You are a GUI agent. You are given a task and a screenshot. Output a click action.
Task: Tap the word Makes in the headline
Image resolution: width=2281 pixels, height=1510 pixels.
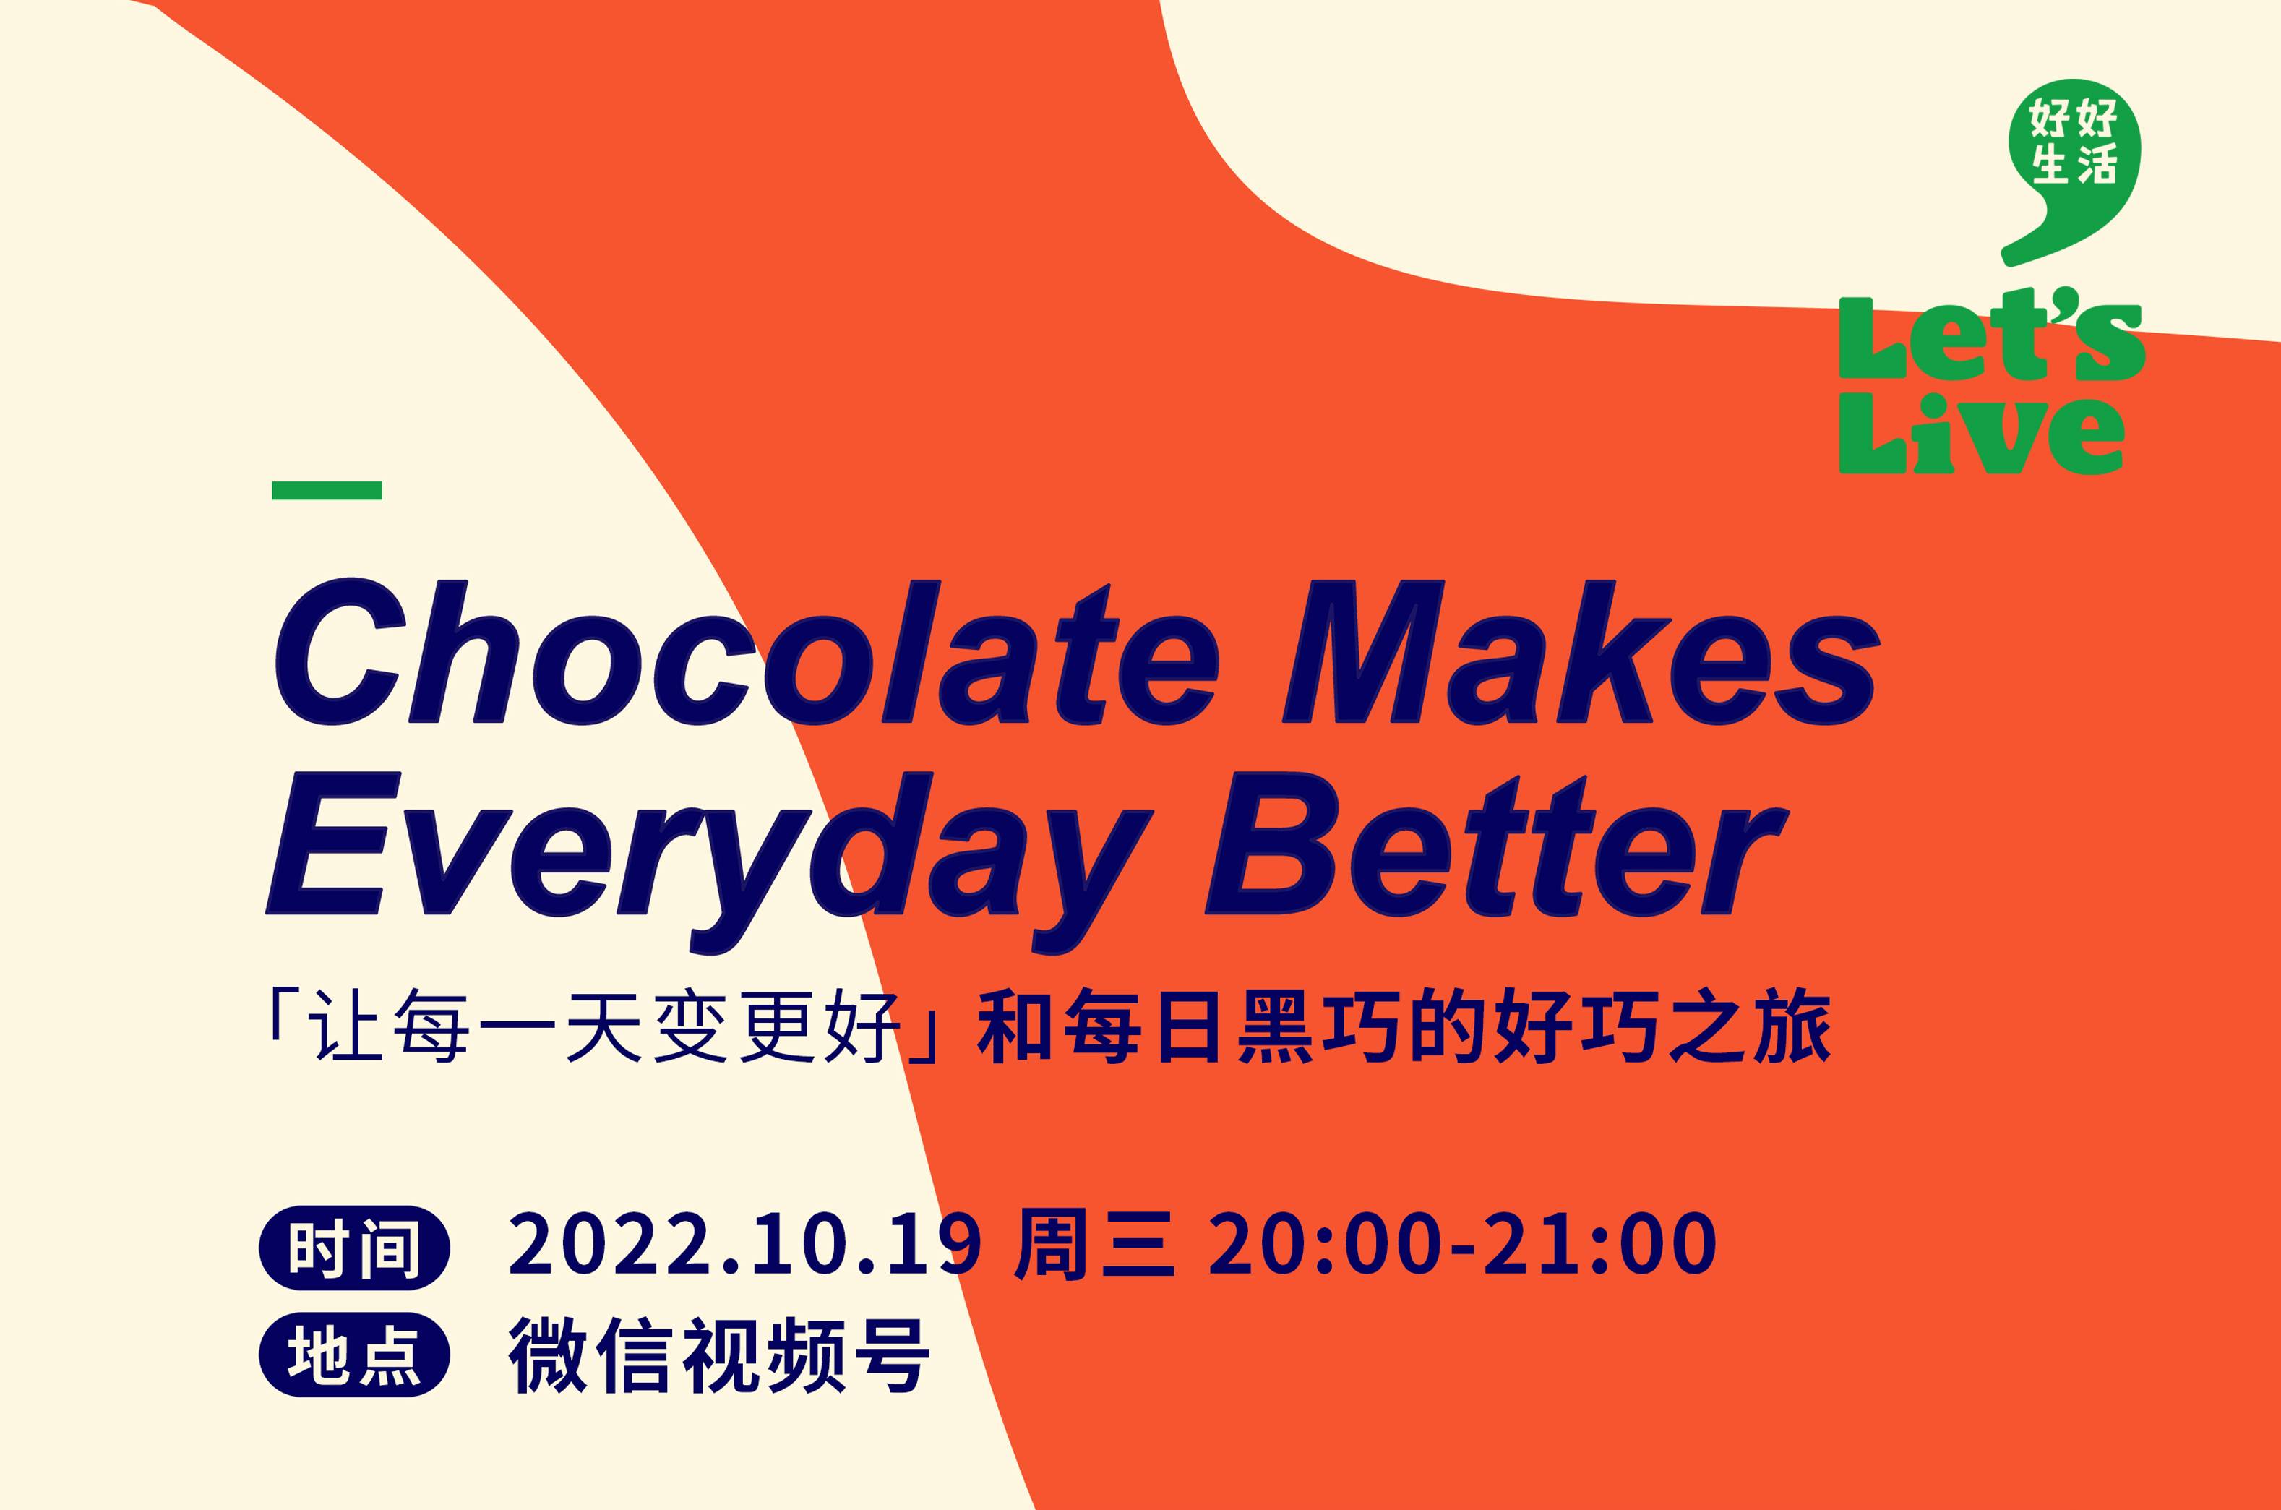click(x=1580, y=652)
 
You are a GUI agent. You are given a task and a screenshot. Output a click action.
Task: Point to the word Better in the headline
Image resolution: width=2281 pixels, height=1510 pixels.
click(x=1496, y=844)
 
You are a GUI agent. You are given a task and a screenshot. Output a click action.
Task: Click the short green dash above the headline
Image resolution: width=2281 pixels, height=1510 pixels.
click(x=327, y=490)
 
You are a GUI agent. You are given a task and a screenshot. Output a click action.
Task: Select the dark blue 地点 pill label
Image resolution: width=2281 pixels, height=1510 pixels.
click(x=354, y=1354)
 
